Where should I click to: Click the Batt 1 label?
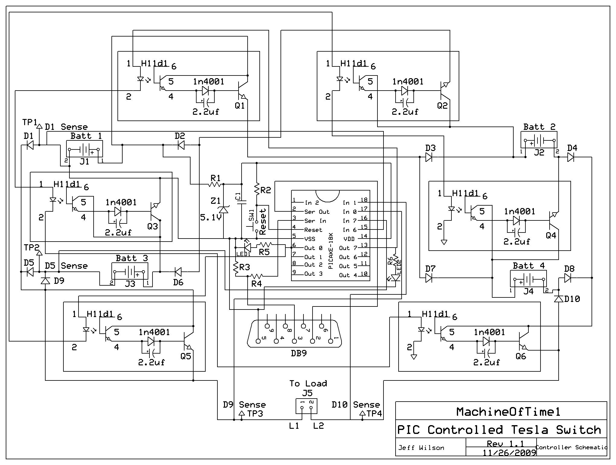[x=86, y=136]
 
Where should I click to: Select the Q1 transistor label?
[x=240, y=106]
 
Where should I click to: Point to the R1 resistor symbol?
[x=216, y=184]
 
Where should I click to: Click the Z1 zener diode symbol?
[x=223, y=209]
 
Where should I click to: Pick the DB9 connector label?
[x=299, y=353]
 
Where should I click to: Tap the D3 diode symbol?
[x=429, y=157]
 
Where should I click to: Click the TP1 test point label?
[x=30, y=122]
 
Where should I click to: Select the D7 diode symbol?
[x=429, y=278]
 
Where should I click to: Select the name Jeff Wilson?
[x=421, y=448]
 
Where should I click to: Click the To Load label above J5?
[x=308, y=383]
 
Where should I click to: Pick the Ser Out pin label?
[x=317, y=212]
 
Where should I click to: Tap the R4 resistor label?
[x=256, y=284]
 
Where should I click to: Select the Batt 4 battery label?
[x=529, y=266]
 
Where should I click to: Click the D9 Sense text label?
[x=245, y=405]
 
